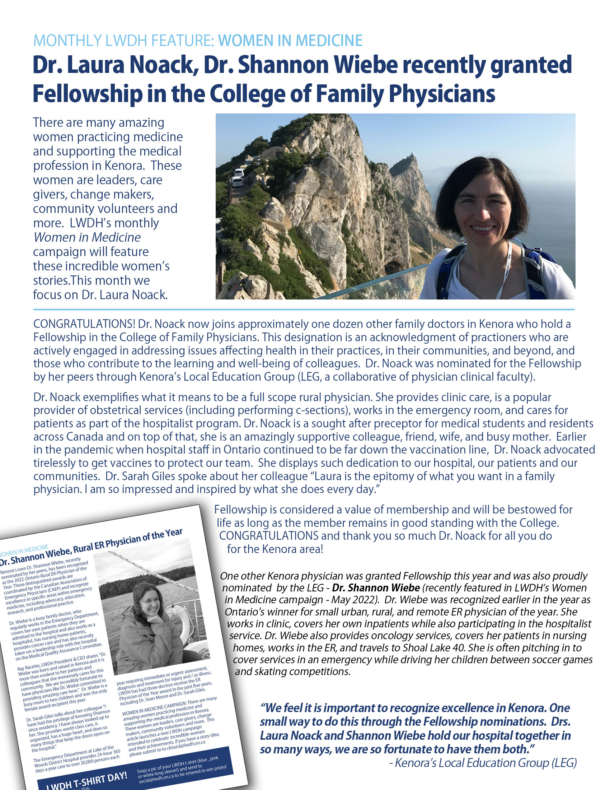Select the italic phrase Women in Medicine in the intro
(x=87, y=237)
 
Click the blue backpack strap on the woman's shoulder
(x=445, y=268)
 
